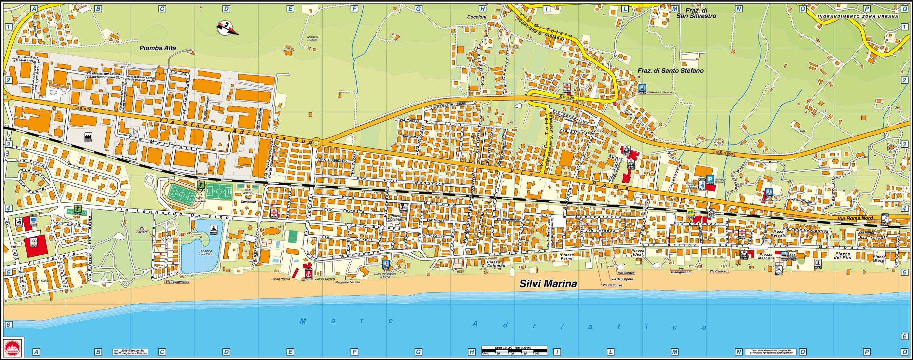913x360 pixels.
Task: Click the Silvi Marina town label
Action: pos(548,284)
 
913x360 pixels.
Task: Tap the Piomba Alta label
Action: pos(157,48)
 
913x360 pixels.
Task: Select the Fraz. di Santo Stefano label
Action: pos(671,71)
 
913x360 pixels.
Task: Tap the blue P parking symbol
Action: pos(710,179)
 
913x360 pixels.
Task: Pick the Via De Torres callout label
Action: pos(612,285)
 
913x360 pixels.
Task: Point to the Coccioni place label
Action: pos(477,17)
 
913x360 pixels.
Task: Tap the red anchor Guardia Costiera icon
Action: pos(308,274)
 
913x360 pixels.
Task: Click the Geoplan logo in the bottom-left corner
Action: pos(13,347)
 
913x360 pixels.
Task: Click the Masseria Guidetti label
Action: pos(312,38)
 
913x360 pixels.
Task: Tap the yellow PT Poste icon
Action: pos(690,213)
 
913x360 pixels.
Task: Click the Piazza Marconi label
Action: pos(766,256)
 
